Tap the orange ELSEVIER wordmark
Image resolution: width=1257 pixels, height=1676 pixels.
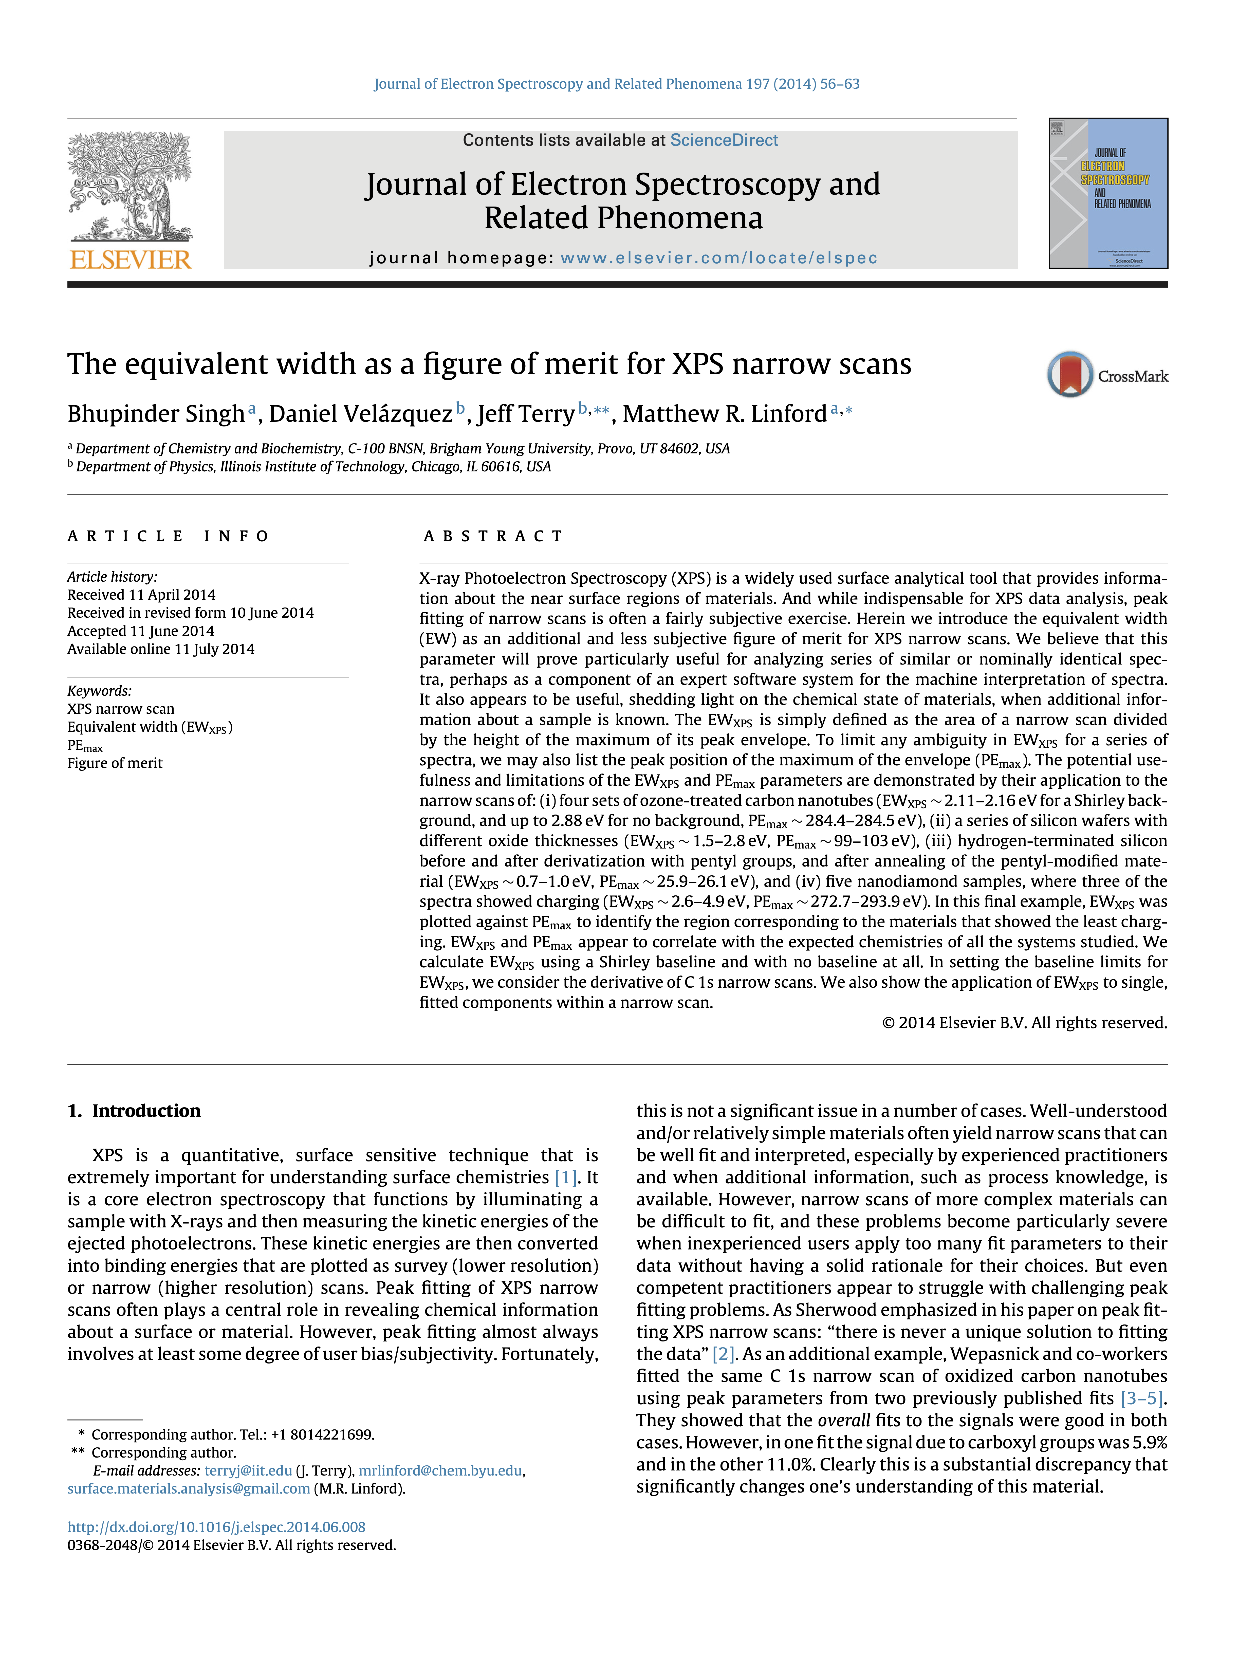pyautogui.click(x=130, y=260)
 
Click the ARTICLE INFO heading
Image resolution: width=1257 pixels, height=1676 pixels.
pyautogui.click(x=168, y=537)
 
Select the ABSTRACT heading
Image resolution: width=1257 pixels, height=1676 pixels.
pyautogui.click(x=493, y=537)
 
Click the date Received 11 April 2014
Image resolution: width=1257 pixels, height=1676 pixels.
pyautogui.click(x=142, y=595)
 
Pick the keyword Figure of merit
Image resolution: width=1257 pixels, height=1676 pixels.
pyautogui.click(x=115, y=763)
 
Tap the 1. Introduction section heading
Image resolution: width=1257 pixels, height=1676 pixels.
pyautogui.click(x=134, y=1111)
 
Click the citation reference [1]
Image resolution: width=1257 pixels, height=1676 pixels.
pyautogui.click(x=565, y=1177)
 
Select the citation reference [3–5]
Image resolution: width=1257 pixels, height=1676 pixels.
pyautogui.click(x=1143, y=1398)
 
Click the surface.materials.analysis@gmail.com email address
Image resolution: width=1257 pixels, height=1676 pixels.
pyautogui.click(x=189, y=1489)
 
